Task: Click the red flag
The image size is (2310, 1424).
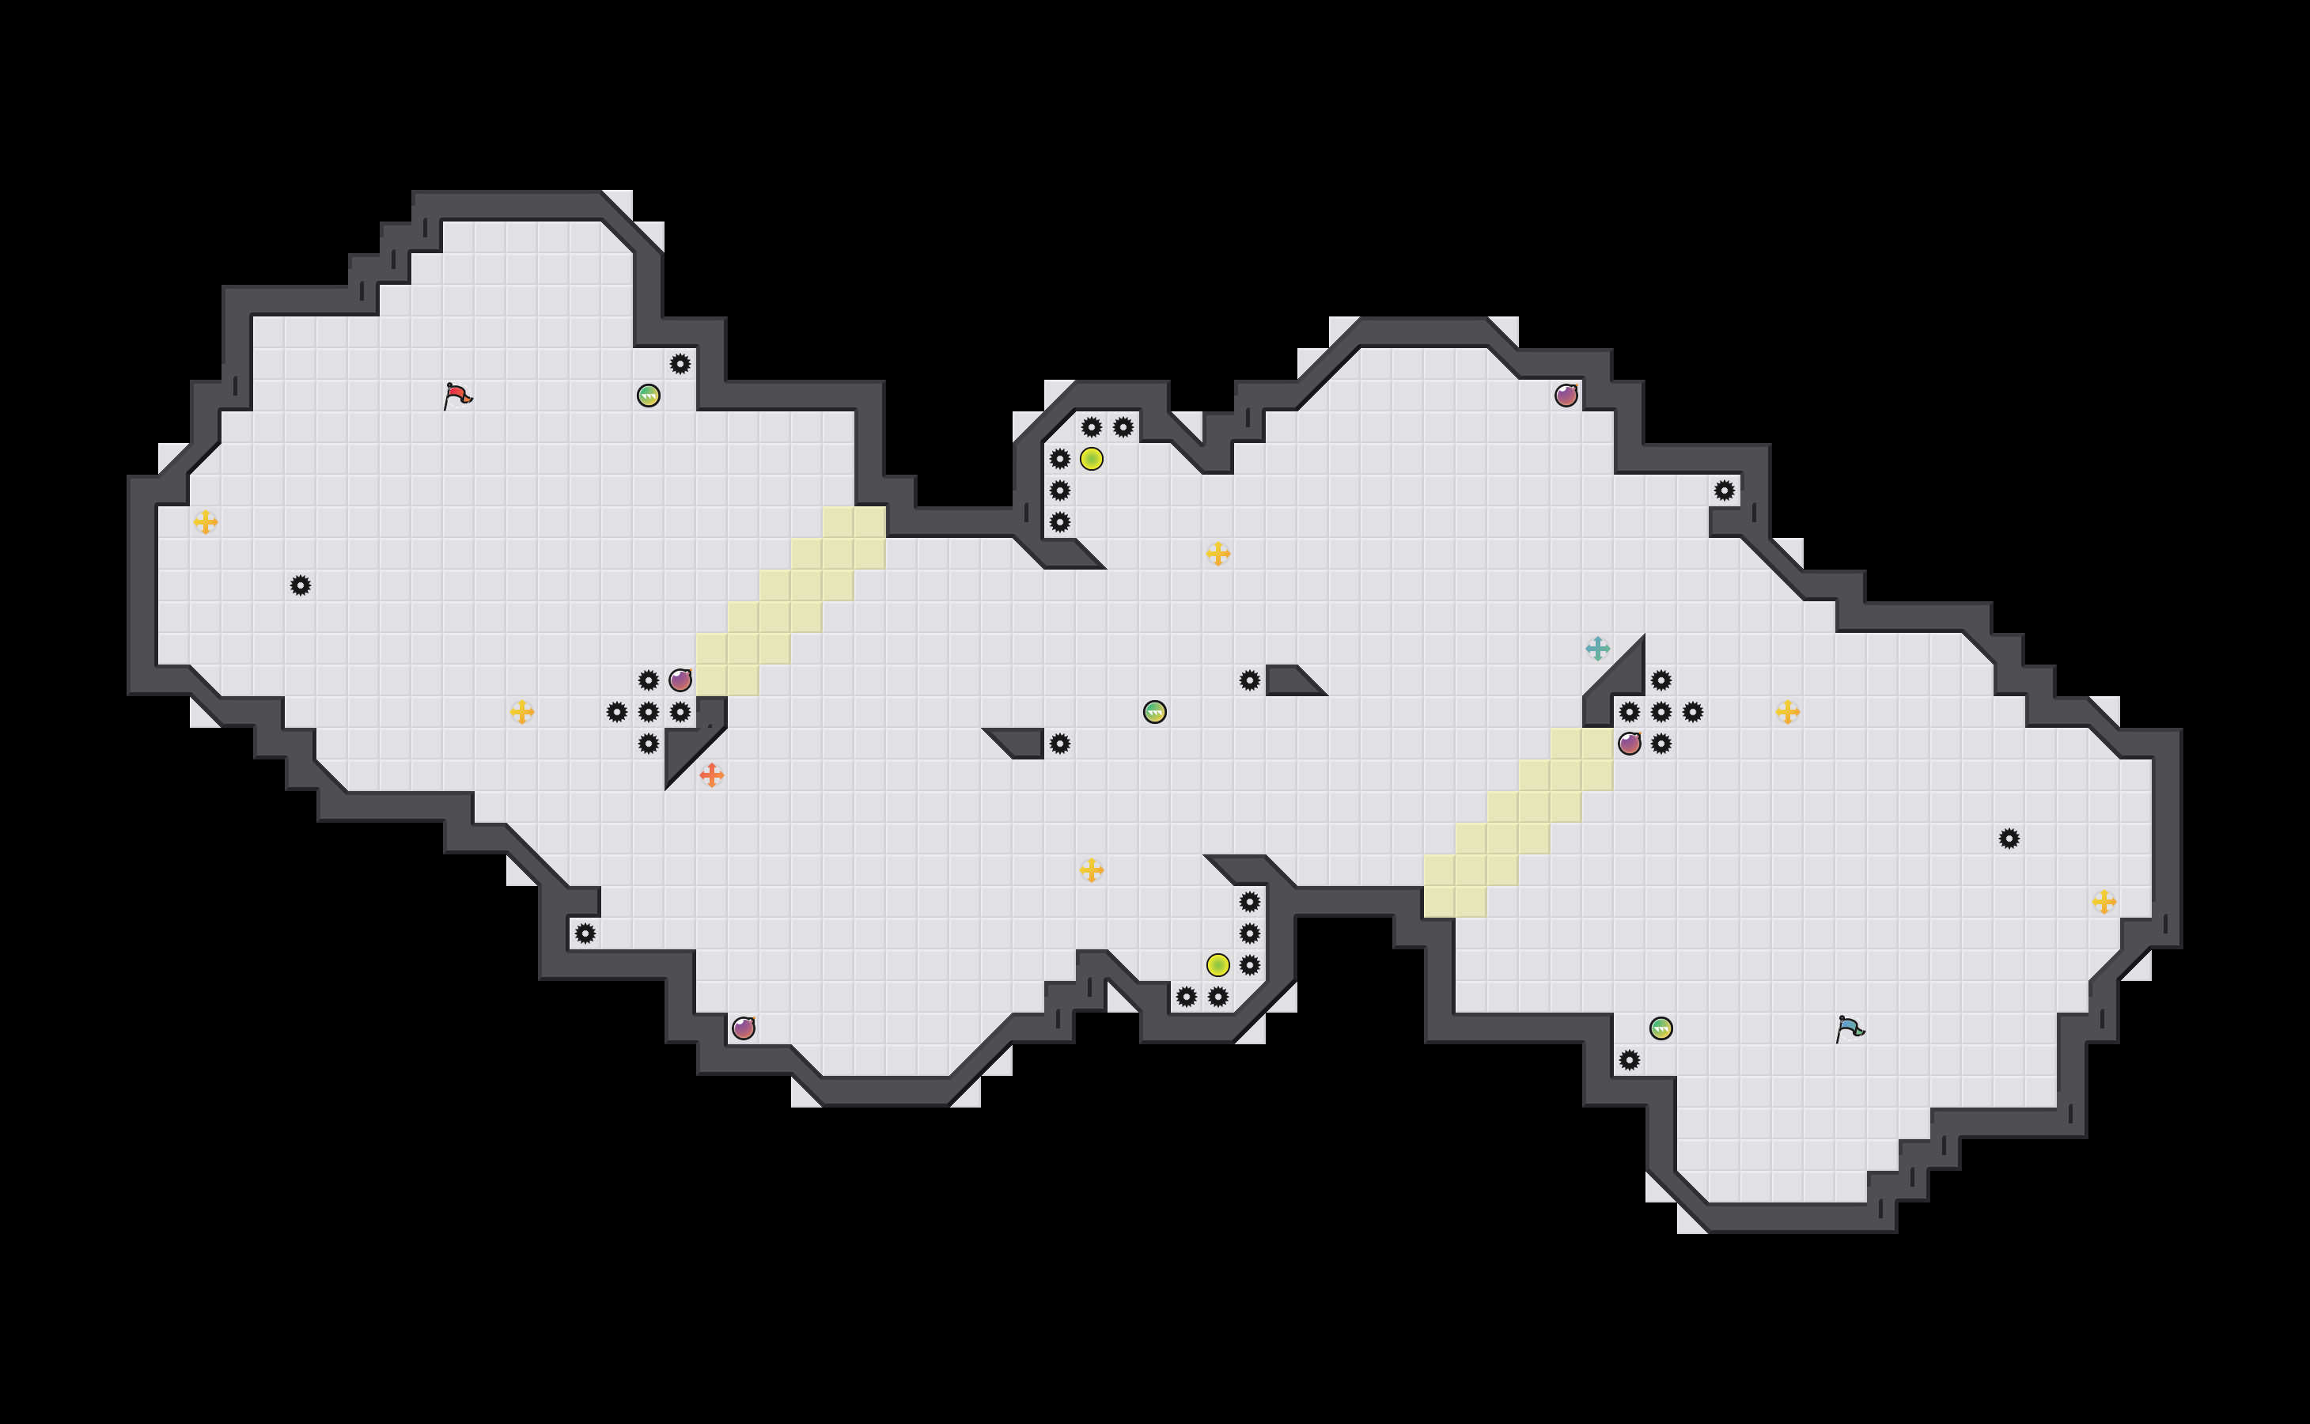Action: tap(456, 396)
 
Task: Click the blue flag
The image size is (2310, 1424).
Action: tap(1849, 1028)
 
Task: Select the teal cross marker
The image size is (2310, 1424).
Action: tap(1597, 649)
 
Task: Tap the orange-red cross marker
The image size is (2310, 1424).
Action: tap(712, 775)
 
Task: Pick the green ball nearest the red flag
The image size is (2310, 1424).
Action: tap(648, 396)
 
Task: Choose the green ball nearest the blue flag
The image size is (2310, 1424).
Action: tap(1661, 1028)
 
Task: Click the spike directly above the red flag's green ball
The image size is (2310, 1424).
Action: tap(680, 364)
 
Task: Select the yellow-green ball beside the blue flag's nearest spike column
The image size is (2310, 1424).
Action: tap(1217, 965)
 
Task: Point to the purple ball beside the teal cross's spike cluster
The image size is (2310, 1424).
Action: tap(1629, 744)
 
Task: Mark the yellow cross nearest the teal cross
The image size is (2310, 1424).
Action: tap(1787, 712)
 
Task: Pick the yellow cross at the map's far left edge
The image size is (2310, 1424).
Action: tap(206, 522)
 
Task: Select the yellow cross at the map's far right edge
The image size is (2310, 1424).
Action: tap(2104, 902)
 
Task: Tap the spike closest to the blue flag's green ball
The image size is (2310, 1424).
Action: tap(1629, 1060)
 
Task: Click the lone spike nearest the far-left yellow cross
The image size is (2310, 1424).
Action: tap(301, 585)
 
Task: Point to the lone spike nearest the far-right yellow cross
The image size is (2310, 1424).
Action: tap(2009, 839)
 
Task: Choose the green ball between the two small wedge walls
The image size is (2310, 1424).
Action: tap(1154, 712)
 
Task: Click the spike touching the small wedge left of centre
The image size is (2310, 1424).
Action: tap(1059, 744)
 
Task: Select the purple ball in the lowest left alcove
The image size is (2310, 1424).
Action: tap(743, 1028)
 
